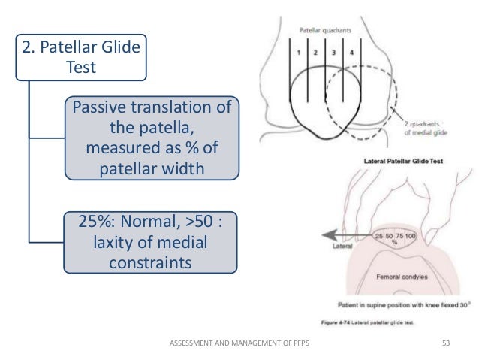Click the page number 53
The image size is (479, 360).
pos(448,343)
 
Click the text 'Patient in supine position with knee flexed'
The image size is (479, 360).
pos(383,305)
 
